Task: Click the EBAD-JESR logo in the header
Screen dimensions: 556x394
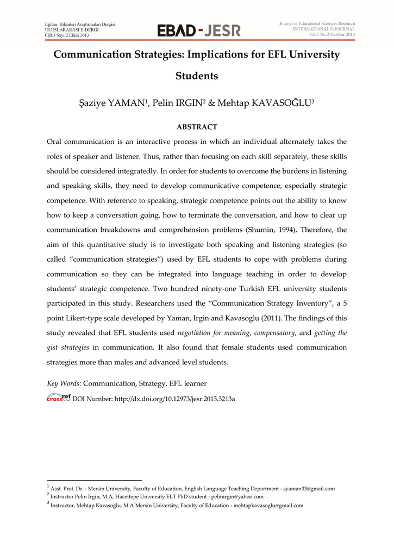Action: [198, 30]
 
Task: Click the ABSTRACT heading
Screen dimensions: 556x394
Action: [197, 127]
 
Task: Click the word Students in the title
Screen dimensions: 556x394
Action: [197, 76]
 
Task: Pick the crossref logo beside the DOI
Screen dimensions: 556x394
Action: [59, 398]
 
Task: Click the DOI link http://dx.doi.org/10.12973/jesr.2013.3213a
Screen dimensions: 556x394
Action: [174, 399]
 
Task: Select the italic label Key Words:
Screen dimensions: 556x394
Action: [65, 384]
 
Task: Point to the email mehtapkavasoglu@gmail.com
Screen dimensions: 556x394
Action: [268, 506]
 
